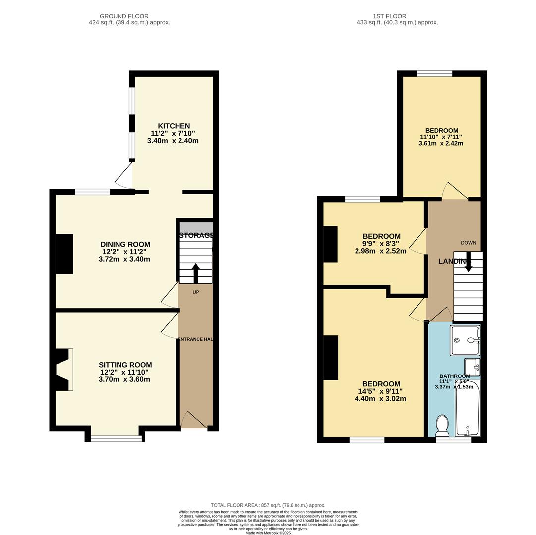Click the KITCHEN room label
point(174,126)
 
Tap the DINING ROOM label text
point(125,244)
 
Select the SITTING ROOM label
point(125,365)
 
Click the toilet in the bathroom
point(442,425)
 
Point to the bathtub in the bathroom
point(468,408)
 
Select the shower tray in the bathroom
point(465,340)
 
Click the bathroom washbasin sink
point(472,367)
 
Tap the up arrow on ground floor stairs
point(195,273)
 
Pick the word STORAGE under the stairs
point(196,235)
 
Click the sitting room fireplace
point(63,370)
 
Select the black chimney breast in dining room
point(64,254)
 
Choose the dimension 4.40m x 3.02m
point(380,398)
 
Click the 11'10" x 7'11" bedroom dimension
point(441,137)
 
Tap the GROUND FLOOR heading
point(124,16)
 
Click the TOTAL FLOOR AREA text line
point(268,505)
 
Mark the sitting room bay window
point(117,438)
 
